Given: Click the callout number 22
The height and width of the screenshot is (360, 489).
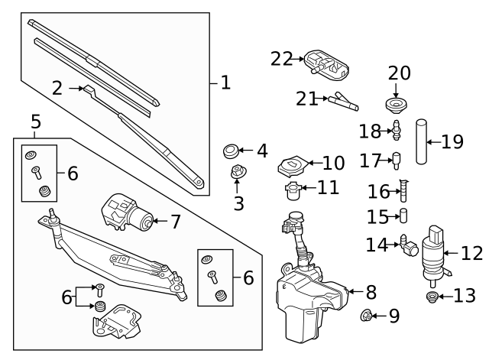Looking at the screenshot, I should click(x=281, y=59).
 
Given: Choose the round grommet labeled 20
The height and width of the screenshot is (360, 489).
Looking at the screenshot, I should click(x=396, y=104).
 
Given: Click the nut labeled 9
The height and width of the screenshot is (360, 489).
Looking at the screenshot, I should click(x=366, y=313).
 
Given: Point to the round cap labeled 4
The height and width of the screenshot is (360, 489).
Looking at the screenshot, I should click(x=231, y=150).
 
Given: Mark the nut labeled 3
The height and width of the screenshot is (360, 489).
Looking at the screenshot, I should click(x=238, y=173).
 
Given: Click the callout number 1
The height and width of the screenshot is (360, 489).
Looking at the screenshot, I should click(x=225, y=82).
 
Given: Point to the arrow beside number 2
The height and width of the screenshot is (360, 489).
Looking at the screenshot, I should click(x=76, y=89).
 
